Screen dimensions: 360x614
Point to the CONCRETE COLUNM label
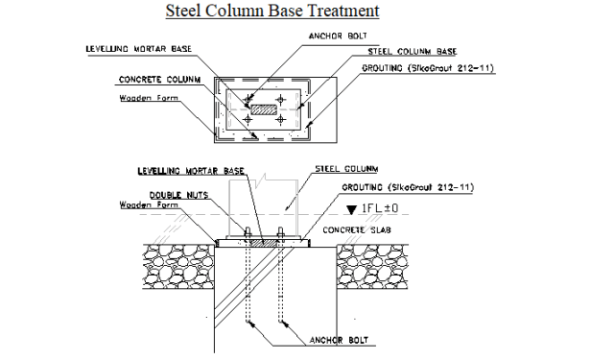pos(159,80)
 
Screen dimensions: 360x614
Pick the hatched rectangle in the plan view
pos(263,111)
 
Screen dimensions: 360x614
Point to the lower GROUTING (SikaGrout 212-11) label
pos(412,187)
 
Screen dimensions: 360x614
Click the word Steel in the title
pos(187,12)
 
